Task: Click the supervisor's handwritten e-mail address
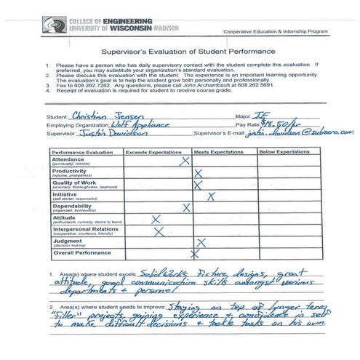click(x=309, y=133)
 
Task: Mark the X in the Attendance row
click(x=185, y=161)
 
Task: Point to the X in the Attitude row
click(x=155, y=219)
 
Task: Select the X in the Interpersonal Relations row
click(x=159, y=231)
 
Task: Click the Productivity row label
click(x=71, y=173)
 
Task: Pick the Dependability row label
click(x=73, y=207)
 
